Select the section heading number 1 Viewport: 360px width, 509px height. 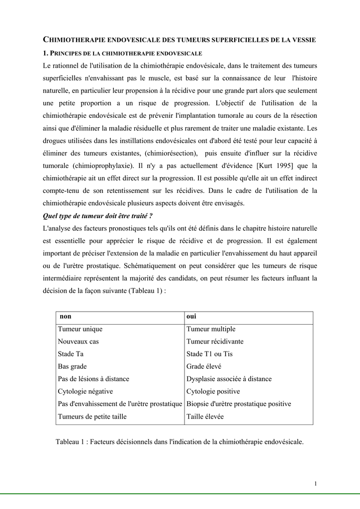[x=45, y=53]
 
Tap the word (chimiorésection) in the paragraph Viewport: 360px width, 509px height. [x=169, y=153]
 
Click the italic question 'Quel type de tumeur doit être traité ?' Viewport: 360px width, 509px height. [x=97, y=216]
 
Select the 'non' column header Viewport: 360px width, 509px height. [x=66, y=317]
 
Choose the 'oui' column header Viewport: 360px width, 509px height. [x=191, y=317]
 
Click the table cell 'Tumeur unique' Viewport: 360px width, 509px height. [x=80, y=329]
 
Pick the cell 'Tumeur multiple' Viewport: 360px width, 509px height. [x=211, y=329]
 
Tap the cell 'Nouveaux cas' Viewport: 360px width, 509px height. [x=79, y=341]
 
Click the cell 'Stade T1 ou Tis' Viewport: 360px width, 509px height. [x=209, y=354]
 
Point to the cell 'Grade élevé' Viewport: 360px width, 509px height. [x=204, y=366]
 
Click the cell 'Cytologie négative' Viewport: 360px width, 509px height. [x=86, y=391]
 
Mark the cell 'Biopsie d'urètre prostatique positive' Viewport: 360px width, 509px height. [x=239, y=404]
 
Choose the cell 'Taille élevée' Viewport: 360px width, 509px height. [x=205, y=417]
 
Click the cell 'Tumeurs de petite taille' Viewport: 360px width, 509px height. [x=92, y=417]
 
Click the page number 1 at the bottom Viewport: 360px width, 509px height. [x=316, y=484]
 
